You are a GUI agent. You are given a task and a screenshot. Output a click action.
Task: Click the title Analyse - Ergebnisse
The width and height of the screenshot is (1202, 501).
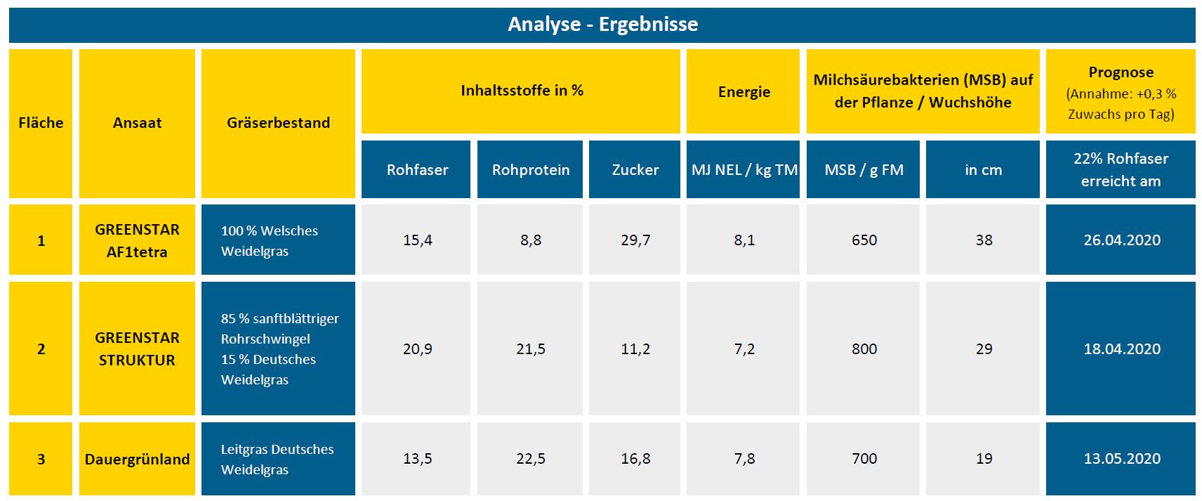(x=602, y=25)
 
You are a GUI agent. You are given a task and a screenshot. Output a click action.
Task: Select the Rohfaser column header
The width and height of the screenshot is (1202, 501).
(x=417, y=170)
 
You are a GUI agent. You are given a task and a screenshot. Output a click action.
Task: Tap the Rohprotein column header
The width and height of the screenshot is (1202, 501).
(x=530, y=170)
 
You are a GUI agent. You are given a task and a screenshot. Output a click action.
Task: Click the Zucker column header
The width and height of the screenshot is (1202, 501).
(x=635, y=170)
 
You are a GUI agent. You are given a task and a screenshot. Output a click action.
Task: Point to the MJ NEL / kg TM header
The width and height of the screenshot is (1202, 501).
(x=744, y=170)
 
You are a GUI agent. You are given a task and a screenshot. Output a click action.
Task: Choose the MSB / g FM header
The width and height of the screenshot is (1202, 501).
(x=864, y=170)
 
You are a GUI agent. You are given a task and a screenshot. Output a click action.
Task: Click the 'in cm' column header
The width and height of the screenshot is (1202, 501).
(x=983, y=170)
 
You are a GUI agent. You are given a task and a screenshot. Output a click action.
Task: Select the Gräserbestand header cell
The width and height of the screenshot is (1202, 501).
(x=278, y=123)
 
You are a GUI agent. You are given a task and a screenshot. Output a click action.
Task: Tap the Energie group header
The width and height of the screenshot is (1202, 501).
(x=744, y=92)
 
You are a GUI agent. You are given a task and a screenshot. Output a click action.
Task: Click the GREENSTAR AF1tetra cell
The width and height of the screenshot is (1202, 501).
(x=137, y=240)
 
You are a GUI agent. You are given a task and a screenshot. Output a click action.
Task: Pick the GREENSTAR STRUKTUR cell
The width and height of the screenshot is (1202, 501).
(x=137, y=349)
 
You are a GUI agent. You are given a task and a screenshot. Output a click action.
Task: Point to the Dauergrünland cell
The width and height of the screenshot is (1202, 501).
(x=137, y=459)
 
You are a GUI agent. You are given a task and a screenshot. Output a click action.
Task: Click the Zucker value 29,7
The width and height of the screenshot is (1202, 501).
(x=635, y=240)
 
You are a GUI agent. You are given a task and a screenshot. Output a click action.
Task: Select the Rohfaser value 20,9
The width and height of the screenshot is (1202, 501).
(x=417, y=349)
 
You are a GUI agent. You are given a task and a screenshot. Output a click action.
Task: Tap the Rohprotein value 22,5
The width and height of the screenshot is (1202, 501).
(x=530, y=459)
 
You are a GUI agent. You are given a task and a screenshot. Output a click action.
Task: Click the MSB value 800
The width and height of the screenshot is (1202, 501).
(x=864, y=349)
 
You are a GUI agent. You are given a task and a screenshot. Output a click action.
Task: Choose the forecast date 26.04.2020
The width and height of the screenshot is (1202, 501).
(x=1121, y=240)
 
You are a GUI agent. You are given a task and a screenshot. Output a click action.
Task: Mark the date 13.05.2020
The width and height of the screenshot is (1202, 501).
(x=1121, y=459)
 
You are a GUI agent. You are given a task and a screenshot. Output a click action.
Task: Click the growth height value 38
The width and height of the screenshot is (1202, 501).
(x=983, y=240)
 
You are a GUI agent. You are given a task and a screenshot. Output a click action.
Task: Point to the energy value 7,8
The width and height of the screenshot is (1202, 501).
(x=744, y=459)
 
